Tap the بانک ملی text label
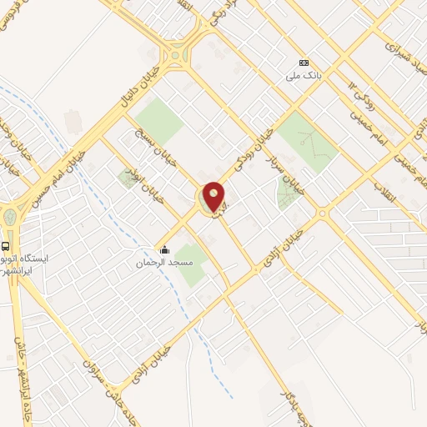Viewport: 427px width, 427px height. click(x=304, y=76)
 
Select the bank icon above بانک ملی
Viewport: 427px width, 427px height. click(x=304, y=63)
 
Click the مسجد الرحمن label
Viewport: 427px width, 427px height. click(x=165, y=262)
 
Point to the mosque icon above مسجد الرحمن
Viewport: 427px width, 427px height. click(x=165, y=249)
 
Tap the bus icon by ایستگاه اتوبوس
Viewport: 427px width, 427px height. click(x=6, y=246)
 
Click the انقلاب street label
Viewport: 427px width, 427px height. click(x=393, y=197)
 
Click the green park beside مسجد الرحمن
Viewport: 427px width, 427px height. click(x=190, y=265)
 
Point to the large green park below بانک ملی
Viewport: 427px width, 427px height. click(x=307, y=140)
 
